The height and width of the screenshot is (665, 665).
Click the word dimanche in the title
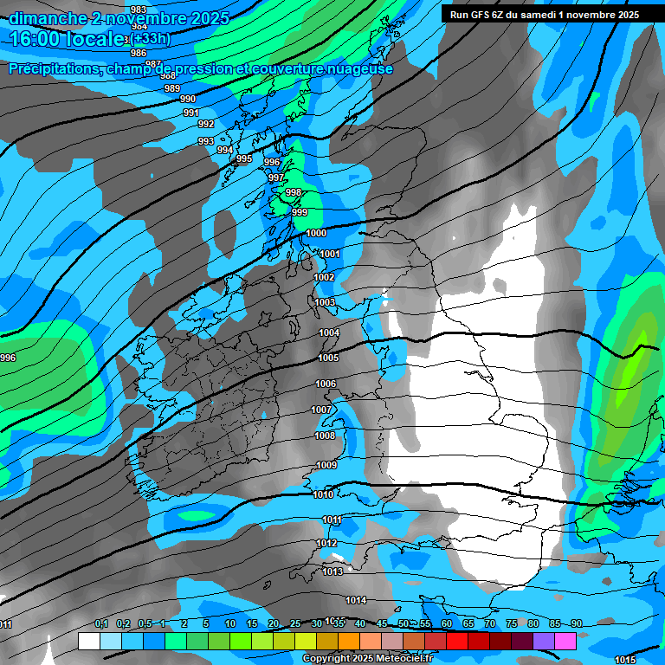(x=47, y=18)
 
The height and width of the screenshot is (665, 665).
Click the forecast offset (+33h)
(x=152, y=38)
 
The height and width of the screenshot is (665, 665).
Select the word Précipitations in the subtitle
(x=55, y=69)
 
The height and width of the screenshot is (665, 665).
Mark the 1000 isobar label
(x=316, y=233)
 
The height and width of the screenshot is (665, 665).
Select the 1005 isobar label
(x=328, y=358)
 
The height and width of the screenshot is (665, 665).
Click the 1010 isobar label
(x=323, y=494)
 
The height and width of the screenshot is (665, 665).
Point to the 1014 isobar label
(x=356, y=600)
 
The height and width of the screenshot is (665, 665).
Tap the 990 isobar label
(x=188, y=99)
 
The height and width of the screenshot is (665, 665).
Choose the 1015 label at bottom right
(x=624, y=660)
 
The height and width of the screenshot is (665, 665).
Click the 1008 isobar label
(x=324, y=436)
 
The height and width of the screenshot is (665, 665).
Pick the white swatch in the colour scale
(x=88, y=641)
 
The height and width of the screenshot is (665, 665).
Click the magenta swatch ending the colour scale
(x=565, y=641)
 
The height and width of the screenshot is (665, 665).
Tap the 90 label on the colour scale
(x=576, y=624)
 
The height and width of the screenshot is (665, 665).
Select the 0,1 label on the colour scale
(x=100, y=624)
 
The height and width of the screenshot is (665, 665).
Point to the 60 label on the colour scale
(x=446, y=624)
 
